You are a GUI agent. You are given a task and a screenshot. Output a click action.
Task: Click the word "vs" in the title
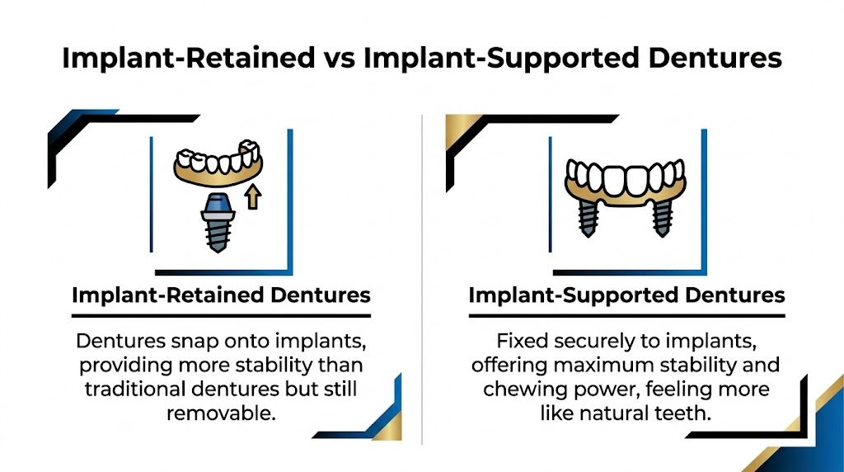point(339,59)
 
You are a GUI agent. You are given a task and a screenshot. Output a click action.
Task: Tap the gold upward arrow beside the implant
point(253,196)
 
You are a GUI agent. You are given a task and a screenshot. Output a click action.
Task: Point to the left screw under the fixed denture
point(587,217)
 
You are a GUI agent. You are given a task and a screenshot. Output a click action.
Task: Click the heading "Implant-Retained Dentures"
point(221,295)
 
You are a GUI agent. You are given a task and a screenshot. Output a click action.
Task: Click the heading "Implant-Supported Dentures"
point(626,295)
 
